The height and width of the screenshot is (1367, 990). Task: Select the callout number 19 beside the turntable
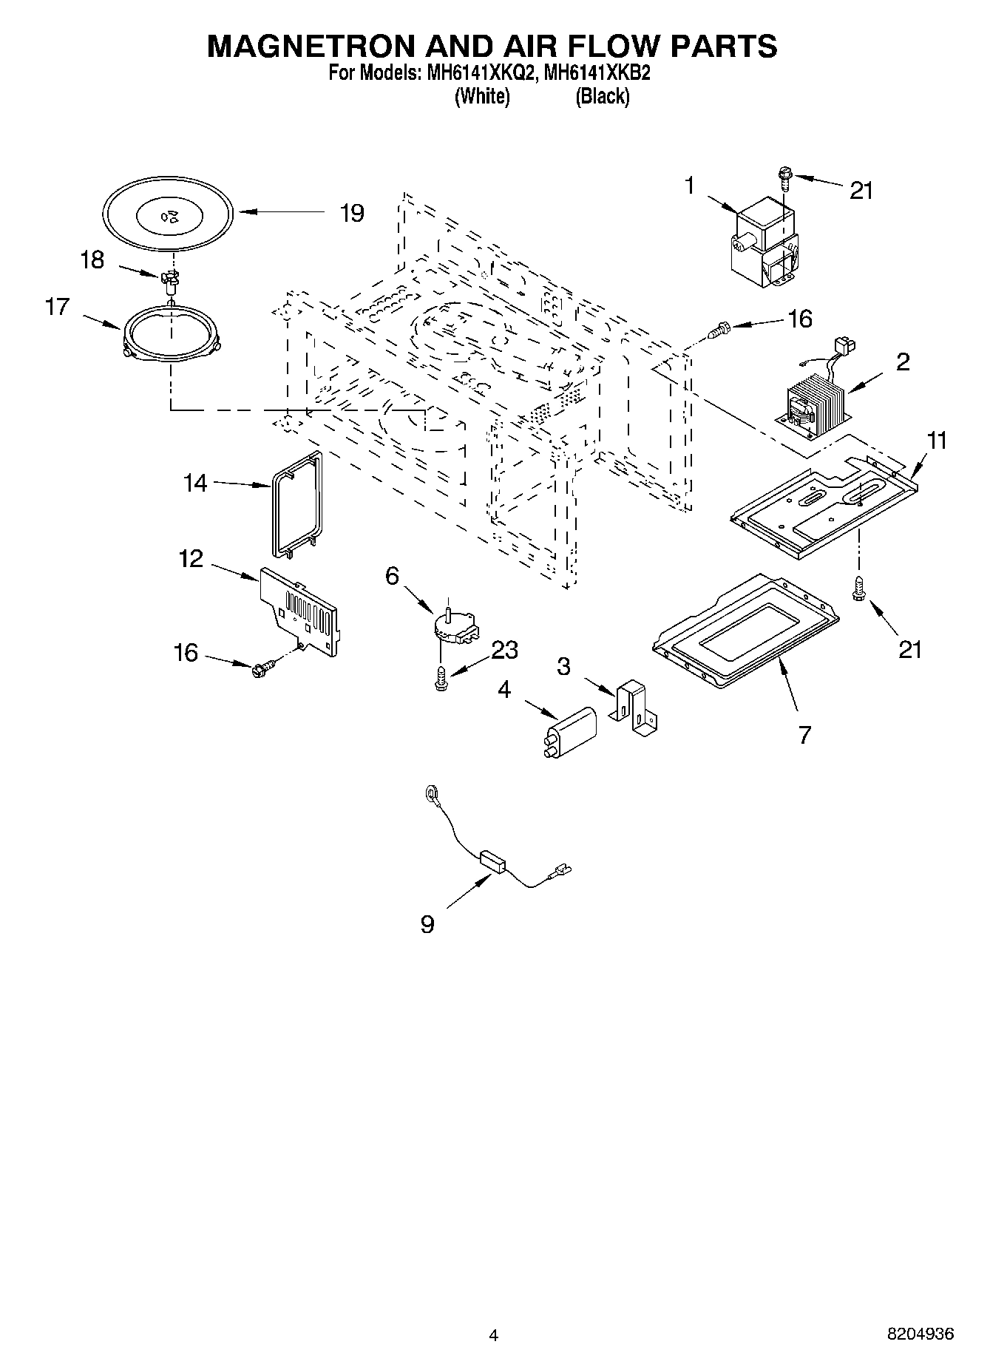(352, 213)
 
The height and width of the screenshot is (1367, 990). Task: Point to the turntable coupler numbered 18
(171, 279)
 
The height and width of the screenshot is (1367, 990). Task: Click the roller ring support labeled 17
(172, 333)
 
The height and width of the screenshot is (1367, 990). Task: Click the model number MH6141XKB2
(597, 74)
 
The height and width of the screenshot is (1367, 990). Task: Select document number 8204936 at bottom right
(921, 1334)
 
